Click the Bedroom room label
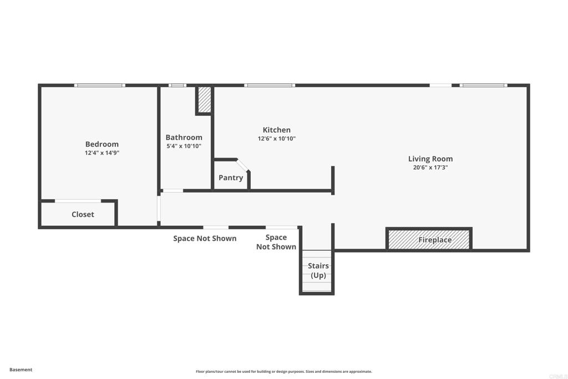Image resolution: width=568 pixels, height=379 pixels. click(102, 144)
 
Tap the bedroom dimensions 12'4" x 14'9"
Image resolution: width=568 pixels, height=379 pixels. click(102, 153)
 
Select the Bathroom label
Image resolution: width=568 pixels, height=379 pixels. click(184, 138)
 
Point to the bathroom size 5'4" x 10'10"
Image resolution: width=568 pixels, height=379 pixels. click(184, 146)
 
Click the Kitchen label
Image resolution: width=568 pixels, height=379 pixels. click(276, 130)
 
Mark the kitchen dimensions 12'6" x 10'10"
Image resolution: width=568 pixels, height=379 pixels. click(276, 139)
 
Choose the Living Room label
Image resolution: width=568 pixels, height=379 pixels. click(430, 159)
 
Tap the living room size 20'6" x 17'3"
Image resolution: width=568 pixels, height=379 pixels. click(430, 167)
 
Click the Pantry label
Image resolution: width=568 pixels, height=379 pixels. click(231, 178)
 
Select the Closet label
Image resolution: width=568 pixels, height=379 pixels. click(83, 214)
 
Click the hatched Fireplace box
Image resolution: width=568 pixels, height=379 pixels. click(429, 239)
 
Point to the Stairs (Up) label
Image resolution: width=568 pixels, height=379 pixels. click(318, 271)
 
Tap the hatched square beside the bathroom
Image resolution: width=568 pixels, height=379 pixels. click(205, 99)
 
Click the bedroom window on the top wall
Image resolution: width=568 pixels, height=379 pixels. click(100, 85)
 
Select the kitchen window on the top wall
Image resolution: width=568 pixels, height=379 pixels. click(270, 85)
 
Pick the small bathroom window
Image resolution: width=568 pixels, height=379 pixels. click(177, 85)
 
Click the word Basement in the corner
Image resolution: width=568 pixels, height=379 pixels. click(21, 370)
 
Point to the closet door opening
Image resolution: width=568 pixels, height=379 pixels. click(78, 201)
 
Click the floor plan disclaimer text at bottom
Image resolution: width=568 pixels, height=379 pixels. click(283, 372)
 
